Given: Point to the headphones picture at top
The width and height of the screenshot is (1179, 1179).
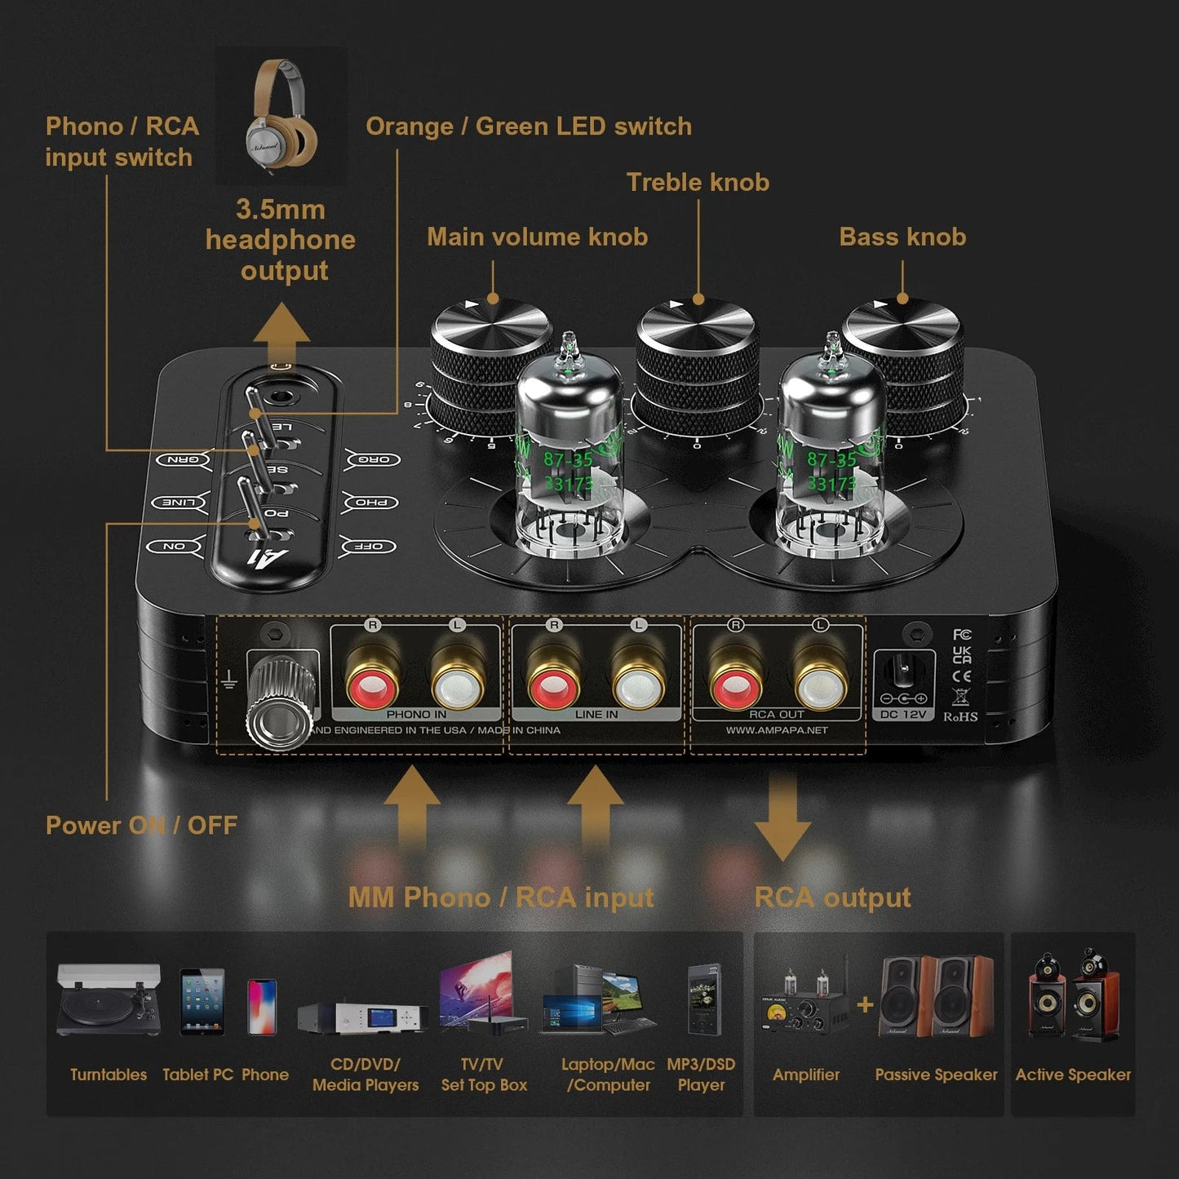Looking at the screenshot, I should [281, 113].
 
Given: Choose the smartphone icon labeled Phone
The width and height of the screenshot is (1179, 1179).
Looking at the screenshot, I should [262, 1006].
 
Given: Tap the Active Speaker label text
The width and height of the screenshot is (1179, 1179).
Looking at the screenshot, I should [1073, 1075].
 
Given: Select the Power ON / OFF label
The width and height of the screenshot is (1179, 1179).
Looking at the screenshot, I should [141, 825].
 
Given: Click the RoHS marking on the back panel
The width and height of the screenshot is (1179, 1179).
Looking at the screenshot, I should [960, 716].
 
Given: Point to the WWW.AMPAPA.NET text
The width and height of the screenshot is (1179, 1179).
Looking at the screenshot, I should [777, 730].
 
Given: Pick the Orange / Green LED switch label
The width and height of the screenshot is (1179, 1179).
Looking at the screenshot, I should [528, 126].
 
